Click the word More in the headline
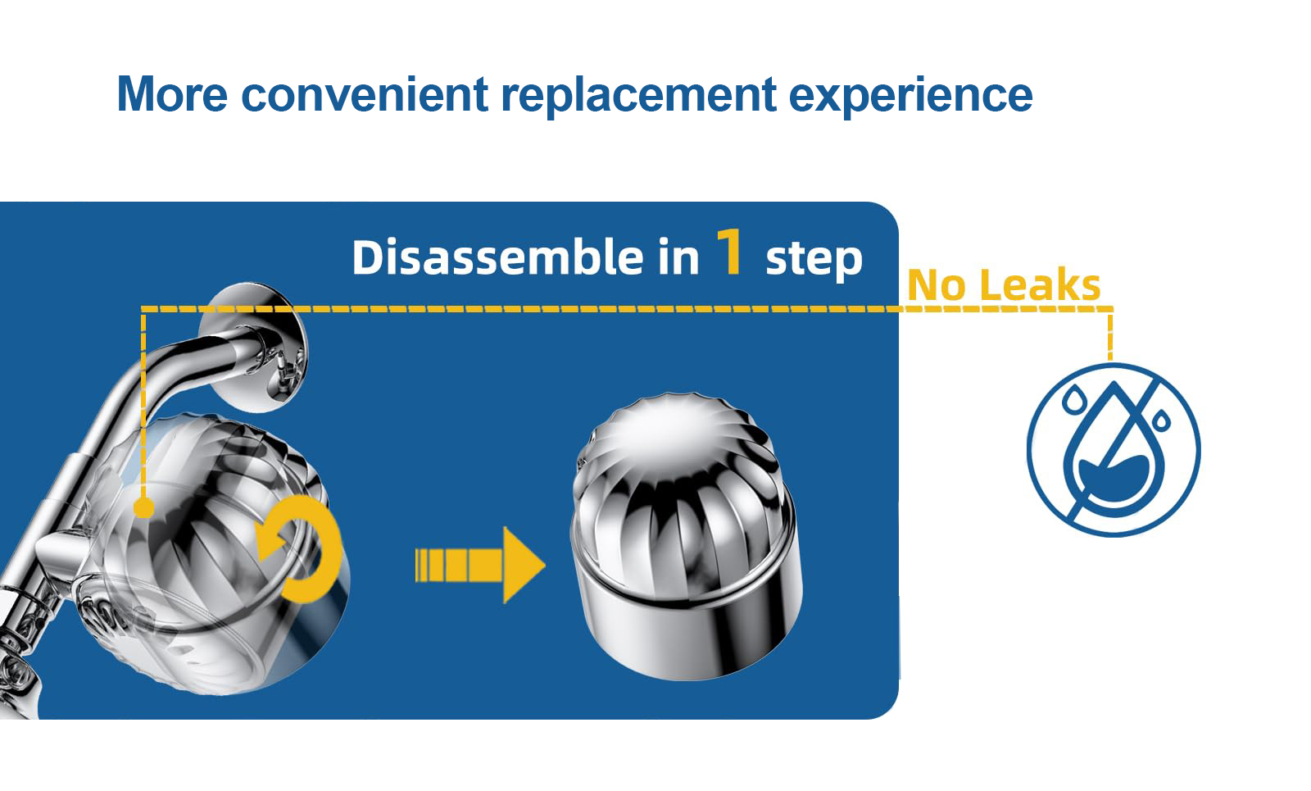click(x=172, y=93)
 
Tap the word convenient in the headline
click(x=365, y=93)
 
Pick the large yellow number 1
click(x=730, y=251)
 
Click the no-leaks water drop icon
click(x=1114, y=450)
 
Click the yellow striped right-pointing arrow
click(x=480, y=565)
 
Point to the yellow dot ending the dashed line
click(x=143, y=507)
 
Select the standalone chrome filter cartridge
click(x=686, y=536)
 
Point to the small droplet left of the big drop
click(x=1074, y=399)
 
